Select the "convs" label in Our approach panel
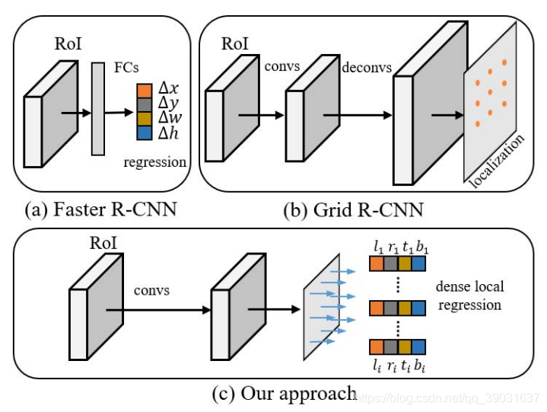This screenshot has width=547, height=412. pyautogui.click(x=154, y=291)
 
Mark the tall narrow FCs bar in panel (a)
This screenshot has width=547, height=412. pyautogui.click(x=98, y=109)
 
